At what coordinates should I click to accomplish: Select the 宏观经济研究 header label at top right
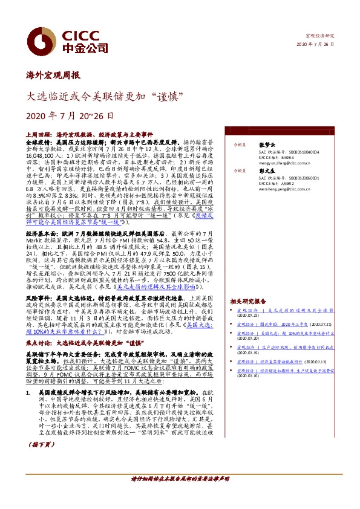(319, 37)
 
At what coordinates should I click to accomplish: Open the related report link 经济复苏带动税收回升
(284, 361)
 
